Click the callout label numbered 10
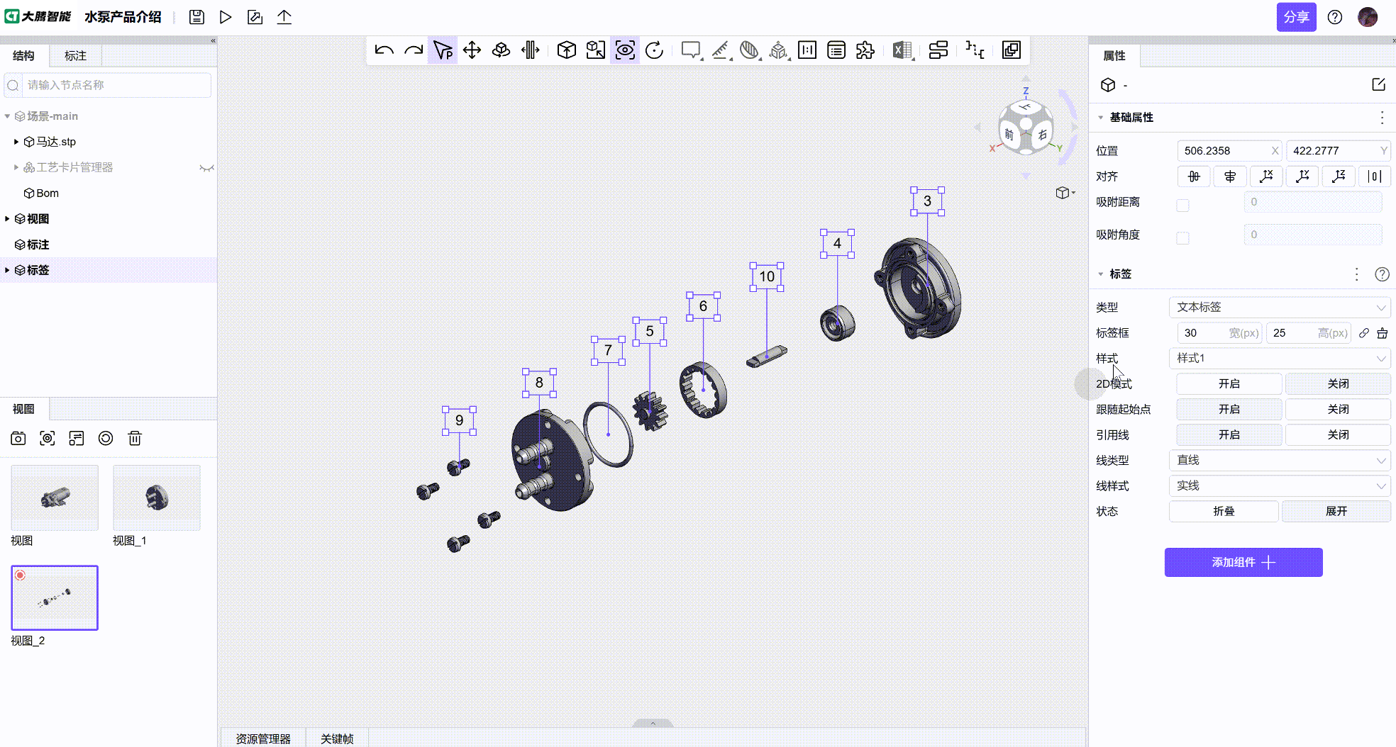click(x=767, y=276)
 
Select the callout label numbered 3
click(x=927, y=201)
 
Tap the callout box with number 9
click(x=459, y=420)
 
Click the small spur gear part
click(x=650, y=411)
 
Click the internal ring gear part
click(x=703, y=390)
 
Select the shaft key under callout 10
click(x=766, y=356)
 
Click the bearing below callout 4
click(x=838, y=323)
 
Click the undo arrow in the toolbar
click(x=384, y=50)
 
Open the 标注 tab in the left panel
click(x=75, y=56)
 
